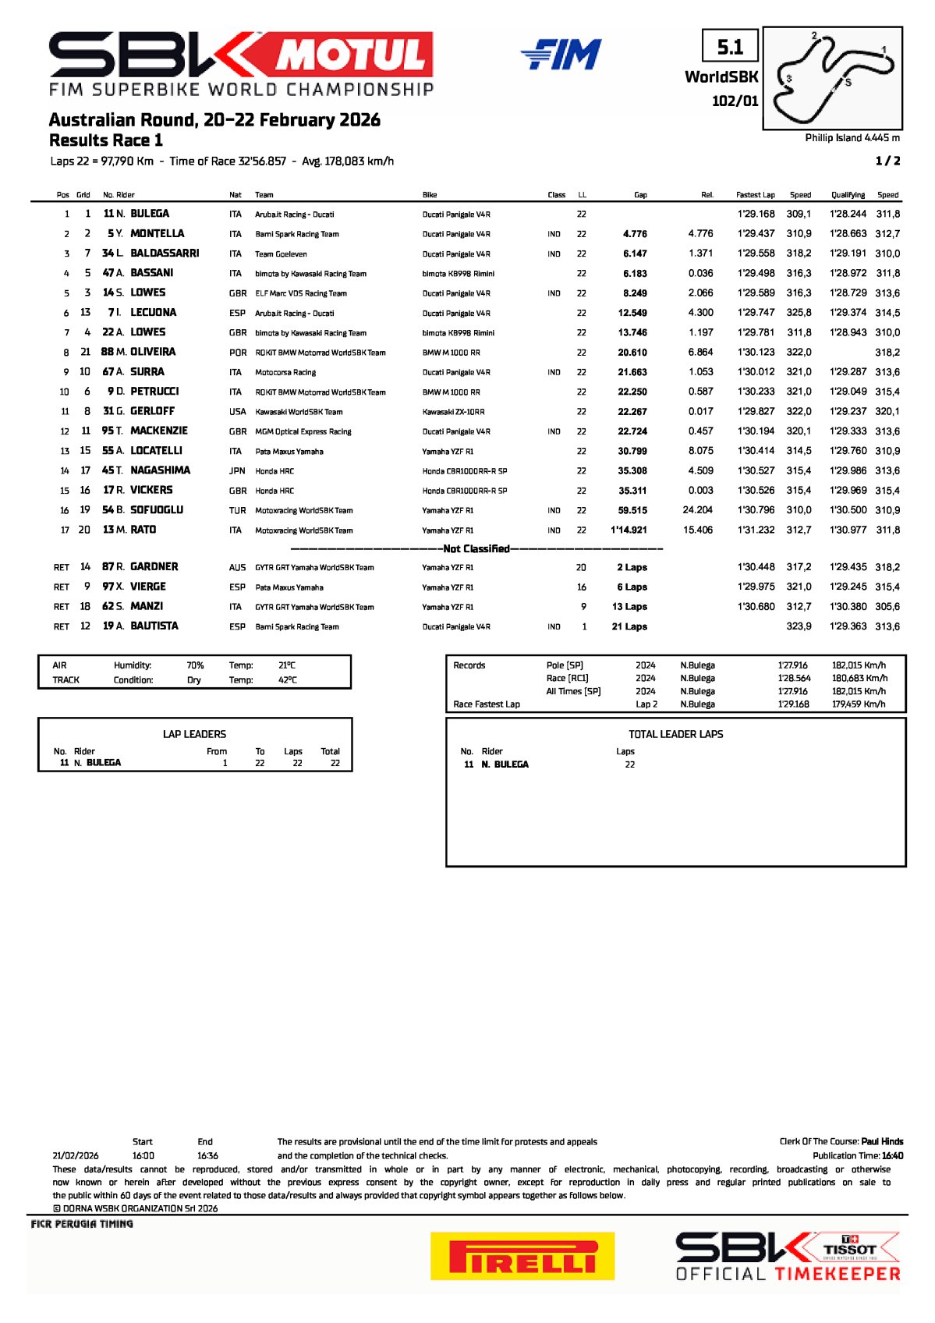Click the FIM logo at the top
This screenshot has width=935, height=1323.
pyautogui.click(x=561, y=54)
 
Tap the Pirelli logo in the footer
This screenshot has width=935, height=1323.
pyautogui.click(x=522, y=1256)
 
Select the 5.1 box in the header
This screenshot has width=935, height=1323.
pyautogui.click(x=730, y=47)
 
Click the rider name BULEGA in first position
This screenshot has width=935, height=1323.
pyautogui.click(x=150, y=214)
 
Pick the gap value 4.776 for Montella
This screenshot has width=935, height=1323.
pyautogui.click(x=635, y=234)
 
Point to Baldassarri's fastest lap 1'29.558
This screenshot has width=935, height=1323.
pyautogui.click(x=756, y=254)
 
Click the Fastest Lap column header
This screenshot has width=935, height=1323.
pyautogui.click(x=755, y=195)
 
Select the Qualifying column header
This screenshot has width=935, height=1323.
pyautogui.click(x=848, y=195)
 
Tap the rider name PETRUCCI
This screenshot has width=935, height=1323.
pyautogui.click(x=154, y=392)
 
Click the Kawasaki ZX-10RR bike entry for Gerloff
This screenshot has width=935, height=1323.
pyautogui.click(x=453, y=412)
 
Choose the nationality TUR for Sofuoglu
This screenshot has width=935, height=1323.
pyautogui.click(x=237, y=510)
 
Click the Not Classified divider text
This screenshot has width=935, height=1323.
pyautogui.click(x=476, y=549)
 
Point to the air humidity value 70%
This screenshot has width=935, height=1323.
pyautogui.click(x=195, y=665)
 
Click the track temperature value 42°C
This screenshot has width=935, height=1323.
pyautogui.click(x=287, y=680)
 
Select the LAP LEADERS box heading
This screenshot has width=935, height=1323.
pyautogui.click(x=194, y=734)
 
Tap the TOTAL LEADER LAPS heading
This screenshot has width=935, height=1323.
pyautogui.click(x=675, y=734)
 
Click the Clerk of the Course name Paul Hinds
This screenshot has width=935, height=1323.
pyautogui.click(x=882, y=1142)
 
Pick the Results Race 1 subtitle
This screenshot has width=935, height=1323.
pyautogui.click(x=106, y=140)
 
